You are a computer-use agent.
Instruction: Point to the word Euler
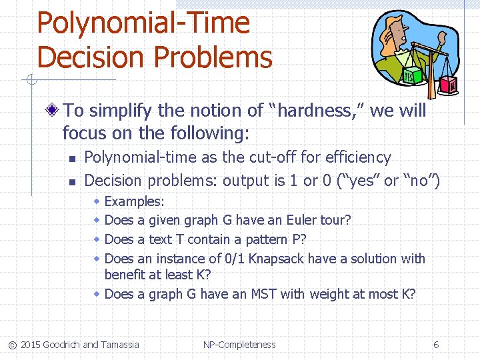point(302,219)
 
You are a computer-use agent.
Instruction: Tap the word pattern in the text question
point(257,239)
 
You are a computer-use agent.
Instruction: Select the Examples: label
point(135,201)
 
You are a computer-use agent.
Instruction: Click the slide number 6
point(436,345)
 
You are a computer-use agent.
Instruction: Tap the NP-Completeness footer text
point(239,345)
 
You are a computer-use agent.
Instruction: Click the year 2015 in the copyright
point(30,345)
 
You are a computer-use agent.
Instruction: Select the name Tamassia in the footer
point(120,345)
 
